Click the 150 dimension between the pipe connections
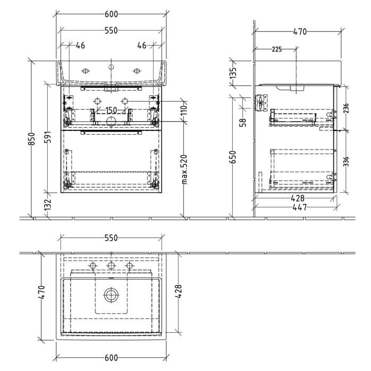111,110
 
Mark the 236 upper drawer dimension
346,110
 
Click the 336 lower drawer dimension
346,161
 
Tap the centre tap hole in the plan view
111,266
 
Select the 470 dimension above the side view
299,31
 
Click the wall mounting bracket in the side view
260,103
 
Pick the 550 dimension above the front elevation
111,31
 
